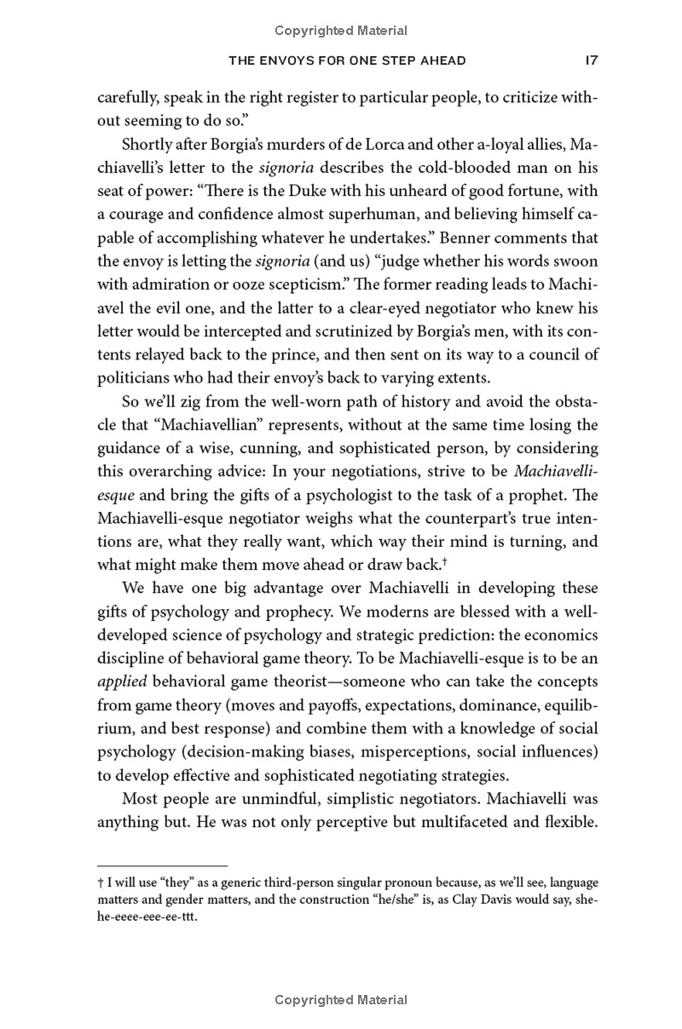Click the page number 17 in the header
point(589,60)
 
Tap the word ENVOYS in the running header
point(306,60)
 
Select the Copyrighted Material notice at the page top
point(341,31)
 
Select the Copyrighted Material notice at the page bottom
point(341,1000)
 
